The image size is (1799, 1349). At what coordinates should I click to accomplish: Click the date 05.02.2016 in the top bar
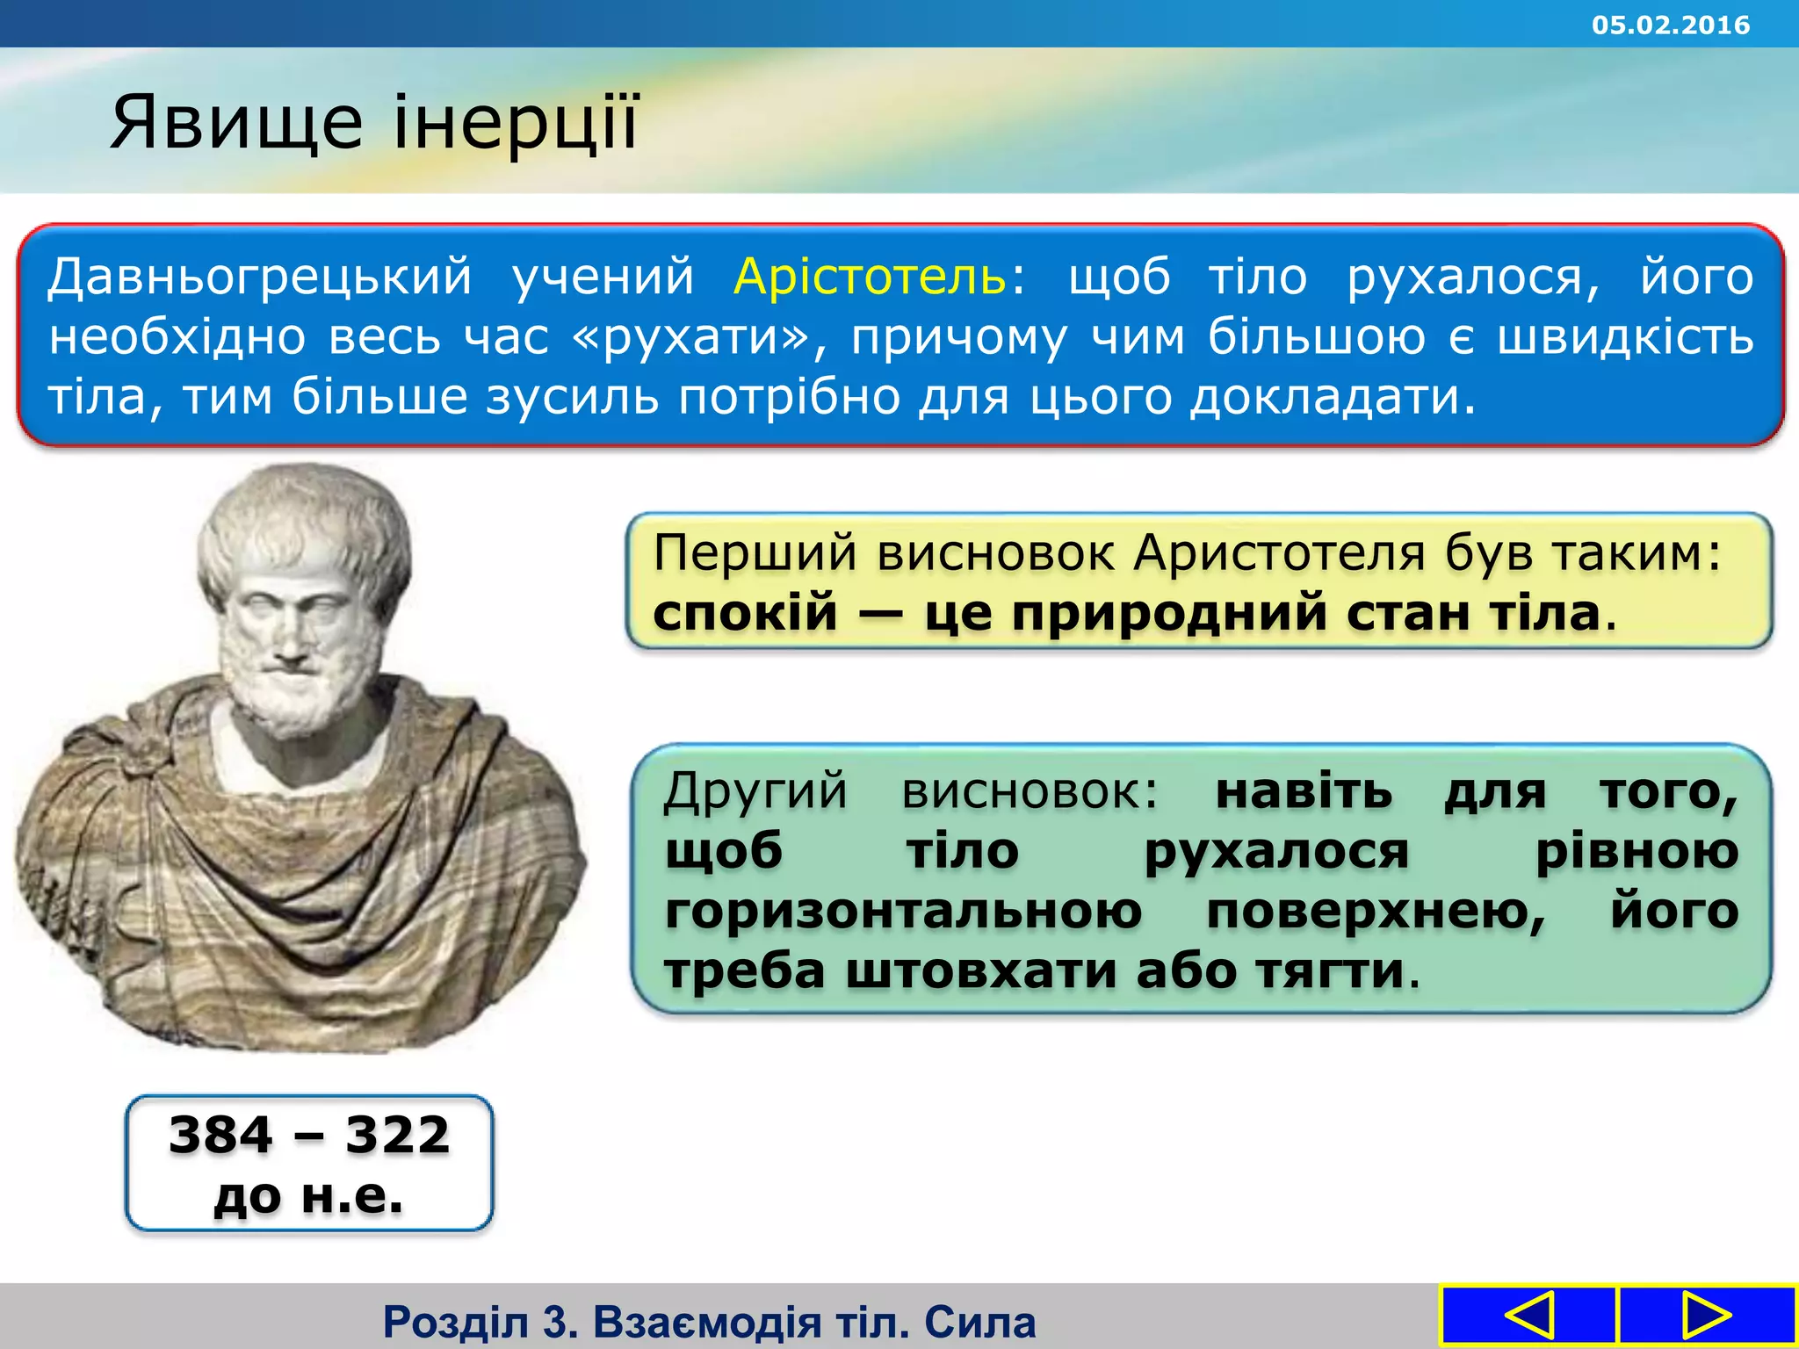1670,25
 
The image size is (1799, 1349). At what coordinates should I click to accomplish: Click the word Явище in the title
235,123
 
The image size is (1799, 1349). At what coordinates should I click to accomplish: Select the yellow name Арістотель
871,276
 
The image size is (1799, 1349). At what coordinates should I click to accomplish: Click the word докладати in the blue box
1333,397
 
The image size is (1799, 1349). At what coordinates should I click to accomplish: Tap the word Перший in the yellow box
755,553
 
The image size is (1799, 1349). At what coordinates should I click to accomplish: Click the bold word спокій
745,613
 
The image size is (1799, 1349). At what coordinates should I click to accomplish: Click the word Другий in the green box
755,790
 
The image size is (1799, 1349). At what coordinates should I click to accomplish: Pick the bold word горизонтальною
903,911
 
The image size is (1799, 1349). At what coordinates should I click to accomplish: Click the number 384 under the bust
220,1135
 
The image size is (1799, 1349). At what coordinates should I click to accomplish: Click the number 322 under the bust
397,1135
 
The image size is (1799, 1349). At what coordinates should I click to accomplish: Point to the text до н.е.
308,1195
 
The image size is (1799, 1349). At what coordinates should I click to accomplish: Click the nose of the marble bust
290,644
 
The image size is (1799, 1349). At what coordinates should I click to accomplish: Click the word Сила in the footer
979,1322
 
